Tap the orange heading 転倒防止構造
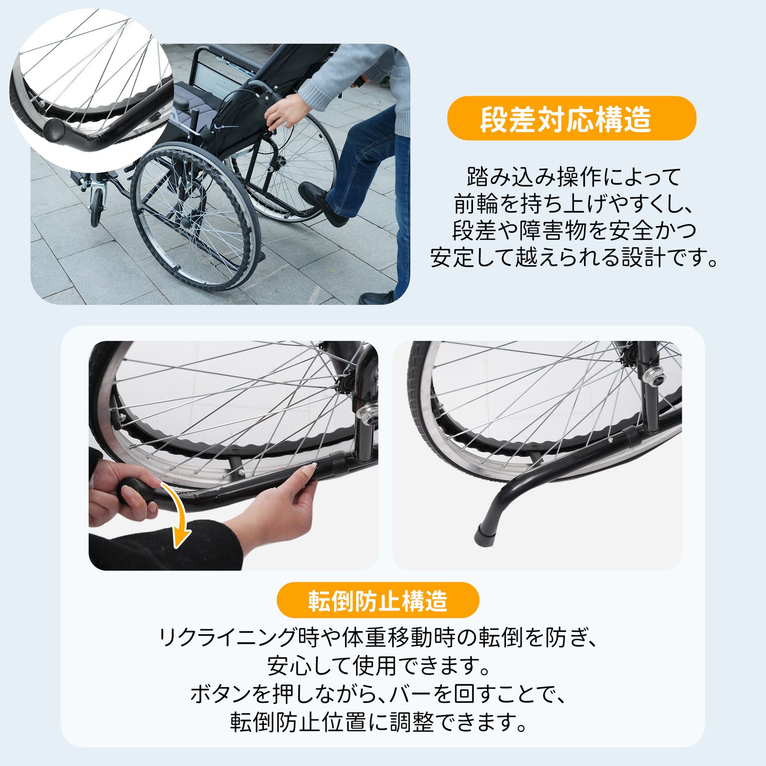click(378, 600)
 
